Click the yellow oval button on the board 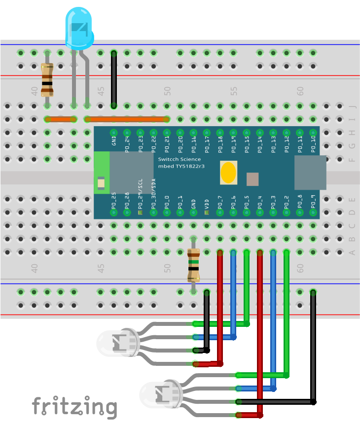click(x=228, y=173)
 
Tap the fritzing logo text click(x=74, y=407)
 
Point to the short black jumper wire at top click(x=114, y=79)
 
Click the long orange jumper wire click(x=127, y=119)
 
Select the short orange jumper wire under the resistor click(x=60, y=119)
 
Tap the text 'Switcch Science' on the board click(x=180, y=159)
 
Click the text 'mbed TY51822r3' click(x=180, y=166)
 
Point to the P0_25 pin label click(x=114, y=199)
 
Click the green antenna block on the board click(x=102, y=173)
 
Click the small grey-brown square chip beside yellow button click(x=252, y=179)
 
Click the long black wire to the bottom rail click(x=314, y=345)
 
